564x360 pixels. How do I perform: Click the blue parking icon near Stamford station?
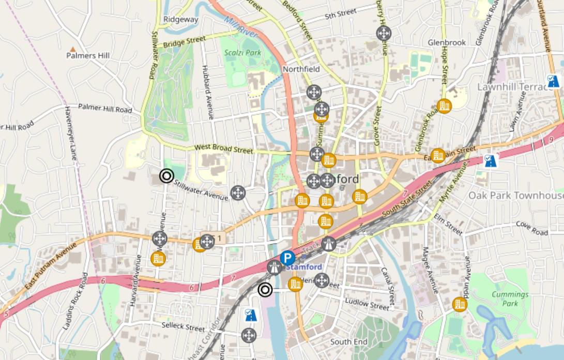[x=287, y=258]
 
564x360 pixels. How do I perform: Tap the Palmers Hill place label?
[x=88, y=55]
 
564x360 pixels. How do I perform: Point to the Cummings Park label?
[x=510, y=299]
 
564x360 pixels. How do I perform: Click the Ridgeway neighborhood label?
[x=181, y=19]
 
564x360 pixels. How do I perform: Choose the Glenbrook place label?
[x=447, y=42]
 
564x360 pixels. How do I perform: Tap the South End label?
[x=348, y=341]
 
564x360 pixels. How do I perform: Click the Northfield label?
[x=301, y=69]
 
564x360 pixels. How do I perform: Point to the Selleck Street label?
[x=183, y=326]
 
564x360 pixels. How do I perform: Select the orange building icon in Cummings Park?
[x=459, y=304]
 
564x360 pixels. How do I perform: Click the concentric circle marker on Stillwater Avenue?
[x=166, y=176]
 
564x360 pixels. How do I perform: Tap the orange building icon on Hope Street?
[x=444, y=106]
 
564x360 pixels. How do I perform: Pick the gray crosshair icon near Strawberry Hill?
[x=383, y=34]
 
